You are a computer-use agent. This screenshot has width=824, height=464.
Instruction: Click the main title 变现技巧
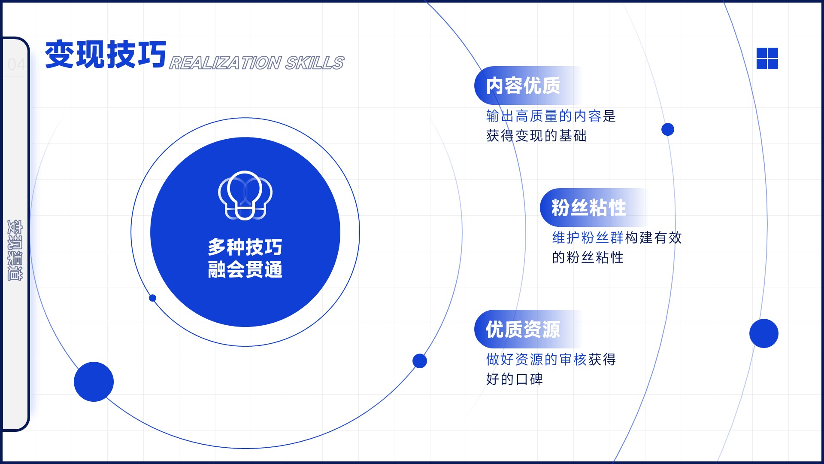[106, 54]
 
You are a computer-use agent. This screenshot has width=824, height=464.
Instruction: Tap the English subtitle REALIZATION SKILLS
[257, 63]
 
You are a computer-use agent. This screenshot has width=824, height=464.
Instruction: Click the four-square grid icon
[767, 58]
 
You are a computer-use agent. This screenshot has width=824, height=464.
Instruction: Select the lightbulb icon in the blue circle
[245, 195]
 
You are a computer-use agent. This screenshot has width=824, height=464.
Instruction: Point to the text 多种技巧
[245, 247]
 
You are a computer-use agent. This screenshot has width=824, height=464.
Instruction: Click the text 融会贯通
[245, 270]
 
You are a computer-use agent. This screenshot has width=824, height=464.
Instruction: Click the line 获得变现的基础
[536, 136]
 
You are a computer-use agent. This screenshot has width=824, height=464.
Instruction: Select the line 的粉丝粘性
[588, 257]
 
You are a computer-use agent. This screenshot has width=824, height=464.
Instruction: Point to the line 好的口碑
[515, 379]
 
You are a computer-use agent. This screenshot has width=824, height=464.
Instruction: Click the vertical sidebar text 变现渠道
[15, 250]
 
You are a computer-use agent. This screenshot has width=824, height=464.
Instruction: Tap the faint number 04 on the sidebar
[16, 64]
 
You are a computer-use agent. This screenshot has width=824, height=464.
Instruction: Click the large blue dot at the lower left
[94, 382]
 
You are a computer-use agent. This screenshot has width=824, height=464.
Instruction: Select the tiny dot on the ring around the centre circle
[152, 298]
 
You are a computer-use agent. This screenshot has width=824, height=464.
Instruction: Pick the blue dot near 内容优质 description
[668, 129]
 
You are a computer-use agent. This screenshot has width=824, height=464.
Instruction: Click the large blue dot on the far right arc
[764, 333]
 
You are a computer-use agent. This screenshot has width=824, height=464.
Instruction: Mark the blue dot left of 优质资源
[420, 361]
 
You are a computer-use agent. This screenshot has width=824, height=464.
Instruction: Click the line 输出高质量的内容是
[551, 116]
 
